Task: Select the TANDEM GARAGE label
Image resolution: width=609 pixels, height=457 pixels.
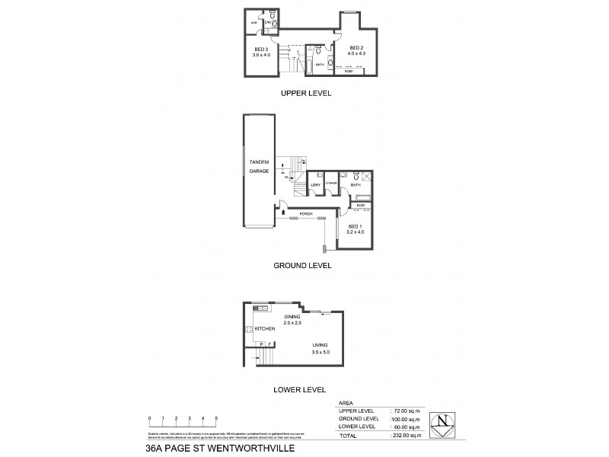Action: (x=260, y=167)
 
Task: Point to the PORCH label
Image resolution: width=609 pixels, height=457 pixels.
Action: (x=306, y=213)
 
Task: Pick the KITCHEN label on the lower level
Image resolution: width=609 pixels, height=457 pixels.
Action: (x=264, y=328)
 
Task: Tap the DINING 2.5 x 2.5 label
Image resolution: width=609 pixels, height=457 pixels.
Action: (x=293, y=320)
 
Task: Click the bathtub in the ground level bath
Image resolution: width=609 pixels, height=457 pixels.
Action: (x=362, y=197)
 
